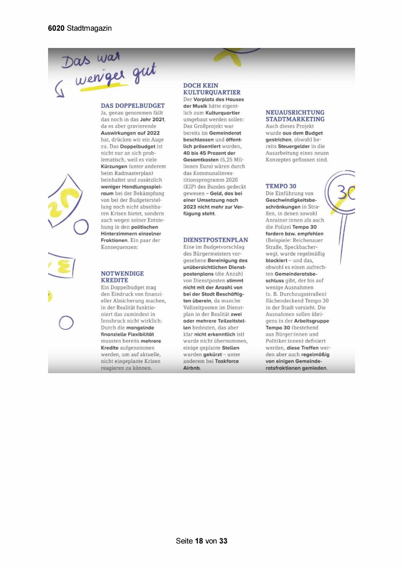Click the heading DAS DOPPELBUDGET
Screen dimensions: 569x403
pos(132,106)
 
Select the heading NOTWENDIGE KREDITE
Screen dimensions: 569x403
pos(122,277)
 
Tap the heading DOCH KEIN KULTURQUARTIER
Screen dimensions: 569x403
pos(212,89)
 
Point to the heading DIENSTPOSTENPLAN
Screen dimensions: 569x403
pos(215,240)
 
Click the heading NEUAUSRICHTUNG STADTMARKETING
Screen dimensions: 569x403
pos(295,116)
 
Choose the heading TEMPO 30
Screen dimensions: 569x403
pos(281,186)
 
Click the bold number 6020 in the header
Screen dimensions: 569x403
pos(56,28)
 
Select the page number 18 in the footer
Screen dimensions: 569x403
pos(199,541)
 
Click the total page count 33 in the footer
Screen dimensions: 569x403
pos(223,541)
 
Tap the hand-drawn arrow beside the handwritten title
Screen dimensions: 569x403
pos(59,89)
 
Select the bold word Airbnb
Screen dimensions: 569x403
pos(192,368)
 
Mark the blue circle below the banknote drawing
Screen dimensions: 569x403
pos(81,227)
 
